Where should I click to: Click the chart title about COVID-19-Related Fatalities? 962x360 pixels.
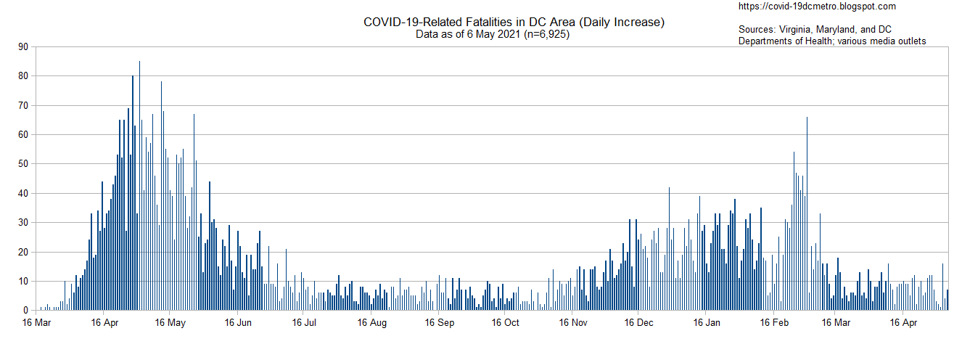[x=514, y=22]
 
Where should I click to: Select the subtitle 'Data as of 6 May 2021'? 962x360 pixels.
[x=467, y=34]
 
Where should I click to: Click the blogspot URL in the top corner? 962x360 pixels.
[x=816, y=7]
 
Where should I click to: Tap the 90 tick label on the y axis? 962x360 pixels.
[x=23, y=47]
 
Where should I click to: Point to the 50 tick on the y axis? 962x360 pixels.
[x=23, y=165]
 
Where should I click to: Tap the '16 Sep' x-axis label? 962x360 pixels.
[x=440, y=322]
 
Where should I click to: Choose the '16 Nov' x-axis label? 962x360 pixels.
[x=573, y=322]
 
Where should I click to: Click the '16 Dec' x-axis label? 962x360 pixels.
[x=638, y=322]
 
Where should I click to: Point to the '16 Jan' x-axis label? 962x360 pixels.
[x=706, y=322]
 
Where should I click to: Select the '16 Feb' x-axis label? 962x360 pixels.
[x=774, y=322]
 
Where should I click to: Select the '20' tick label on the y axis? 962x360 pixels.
[x=23, y=252]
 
